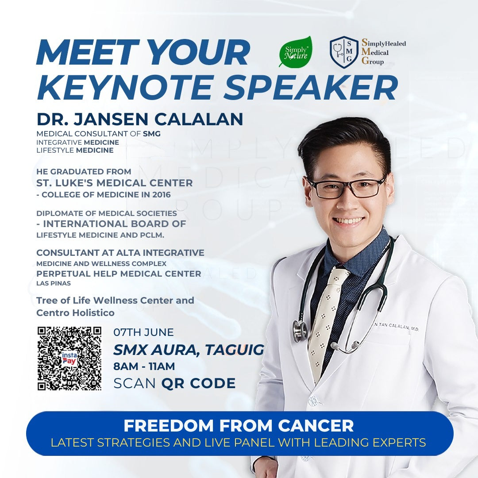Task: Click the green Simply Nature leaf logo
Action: tap(295, 52)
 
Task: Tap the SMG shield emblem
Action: tap(344, 52)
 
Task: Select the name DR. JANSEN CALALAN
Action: tap(139, 119)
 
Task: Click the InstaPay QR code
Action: tap(69, 358)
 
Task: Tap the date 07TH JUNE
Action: tap(143, 332)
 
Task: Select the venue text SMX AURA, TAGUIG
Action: tap(189, 350)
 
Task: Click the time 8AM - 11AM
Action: tap(144, 366)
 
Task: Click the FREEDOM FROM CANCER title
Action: tap(239, 426)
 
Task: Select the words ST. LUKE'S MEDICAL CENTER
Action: tap(115, 183)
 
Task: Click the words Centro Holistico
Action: tap(75, 313)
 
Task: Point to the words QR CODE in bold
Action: tap(198, 383)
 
